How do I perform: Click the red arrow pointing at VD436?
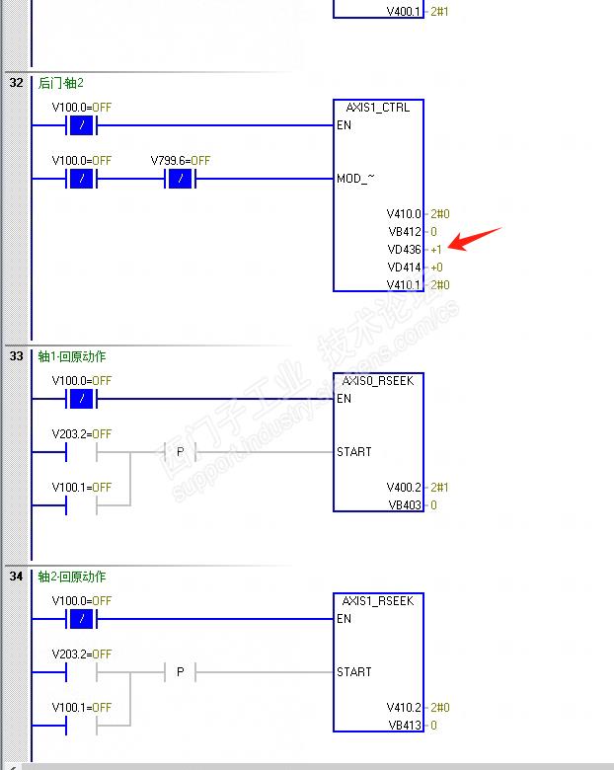477,239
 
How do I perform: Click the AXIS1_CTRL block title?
378,108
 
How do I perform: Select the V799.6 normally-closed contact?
180,179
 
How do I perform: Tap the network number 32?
16,83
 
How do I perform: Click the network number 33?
16,356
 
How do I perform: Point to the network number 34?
16,577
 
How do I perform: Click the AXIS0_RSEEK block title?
378,381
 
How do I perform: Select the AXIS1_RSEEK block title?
378,601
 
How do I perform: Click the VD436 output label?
405,250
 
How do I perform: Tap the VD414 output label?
405,268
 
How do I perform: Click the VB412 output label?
405,232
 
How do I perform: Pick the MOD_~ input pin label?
355,179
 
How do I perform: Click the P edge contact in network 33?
180,452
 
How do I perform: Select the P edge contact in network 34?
180,672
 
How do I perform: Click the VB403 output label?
405,505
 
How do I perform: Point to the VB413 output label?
405,726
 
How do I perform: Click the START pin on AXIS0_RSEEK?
354,452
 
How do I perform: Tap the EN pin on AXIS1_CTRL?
344,125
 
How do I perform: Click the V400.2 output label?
404,488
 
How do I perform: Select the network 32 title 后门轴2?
61,83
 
